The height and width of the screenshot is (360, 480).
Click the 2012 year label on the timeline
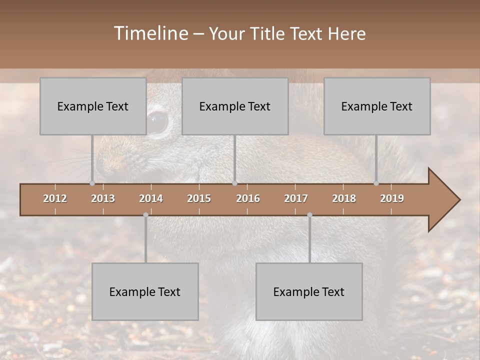click(x=55, y=198)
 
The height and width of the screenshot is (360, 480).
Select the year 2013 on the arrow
click(x=103, y=198)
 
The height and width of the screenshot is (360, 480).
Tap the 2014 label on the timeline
click(x=151, y=198)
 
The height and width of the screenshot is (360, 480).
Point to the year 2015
click(x=199, y=198)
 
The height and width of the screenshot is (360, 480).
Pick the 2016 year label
click(x=248, y=198)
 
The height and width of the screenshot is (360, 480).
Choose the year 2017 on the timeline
click(x=296, y=198)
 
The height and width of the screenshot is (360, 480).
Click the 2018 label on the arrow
click(x=344, y=198)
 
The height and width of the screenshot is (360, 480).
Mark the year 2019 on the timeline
click(x=392, y=198)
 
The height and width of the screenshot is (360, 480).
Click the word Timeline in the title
click(x=150, y=33)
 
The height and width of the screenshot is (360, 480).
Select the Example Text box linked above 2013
click(x=93, y=106)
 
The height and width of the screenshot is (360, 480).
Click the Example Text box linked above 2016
click(x=235, y=106)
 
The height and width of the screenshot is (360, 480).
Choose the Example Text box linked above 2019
click(x=377, y=106)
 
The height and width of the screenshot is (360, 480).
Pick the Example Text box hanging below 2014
click(x=145, y=291)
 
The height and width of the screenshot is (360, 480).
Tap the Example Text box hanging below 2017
click(x=309, y=291)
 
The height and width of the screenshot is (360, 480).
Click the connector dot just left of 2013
click(x=92, y=183)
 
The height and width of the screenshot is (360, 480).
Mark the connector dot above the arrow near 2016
click(x=235, y=183)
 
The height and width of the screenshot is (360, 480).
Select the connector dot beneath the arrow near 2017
click(x=309, y=215)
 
